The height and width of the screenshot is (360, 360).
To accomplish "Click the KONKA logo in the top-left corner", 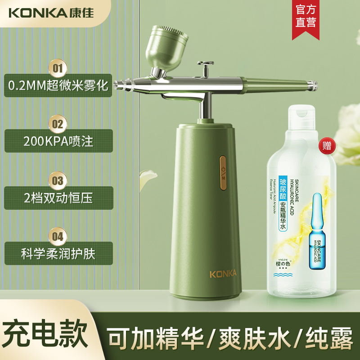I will click(50, 12).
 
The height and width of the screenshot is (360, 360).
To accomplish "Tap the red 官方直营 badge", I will click(306, 16).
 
